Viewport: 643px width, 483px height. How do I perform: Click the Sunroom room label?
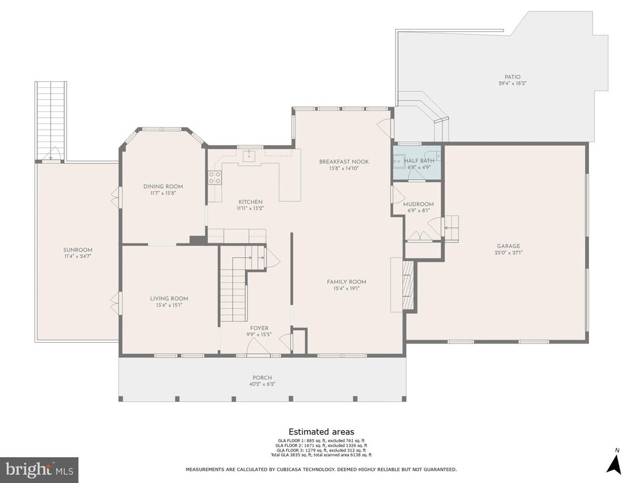point(77,250)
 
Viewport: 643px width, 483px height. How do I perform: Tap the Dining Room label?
point(163,186)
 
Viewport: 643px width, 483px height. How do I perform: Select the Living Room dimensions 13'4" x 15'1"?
point(169,305)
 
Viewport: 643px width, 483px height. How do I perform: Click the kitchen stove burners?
point(215,178)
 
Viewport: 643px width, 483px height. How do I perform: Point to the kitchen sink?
point(249,156)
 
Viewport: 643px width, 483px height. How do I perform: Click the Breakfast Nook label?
point(344,162)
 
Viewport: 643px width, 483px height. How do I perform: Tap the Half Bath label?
point(419,160)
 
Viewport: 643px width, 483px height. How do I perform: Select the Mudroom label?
point(418,204)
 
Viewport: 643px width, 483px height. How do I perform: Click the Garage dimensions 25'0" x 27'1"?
point(509,253)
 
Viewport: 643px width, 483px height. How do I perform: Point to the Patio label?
point(512,77)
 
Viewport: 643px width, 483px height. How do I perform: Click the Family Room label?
point(347,282)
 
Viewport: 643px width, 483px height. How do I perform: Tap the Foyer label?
point(259,328)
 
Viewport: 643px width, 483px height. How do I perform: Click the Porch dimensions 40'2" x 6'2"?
point(262,384)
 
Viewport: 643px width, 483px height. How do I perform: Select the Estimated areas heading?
point(321,431)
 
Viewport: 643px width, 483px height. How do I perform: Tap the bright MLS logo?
point(40,469)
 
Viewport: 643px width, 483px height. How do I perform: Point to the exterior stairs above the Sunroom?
point(51,120)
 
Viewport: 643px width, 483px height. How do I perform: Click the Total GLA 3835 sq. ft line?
point(321,455)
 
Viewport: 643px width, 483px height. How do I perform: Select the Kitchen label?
point(251,202)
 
